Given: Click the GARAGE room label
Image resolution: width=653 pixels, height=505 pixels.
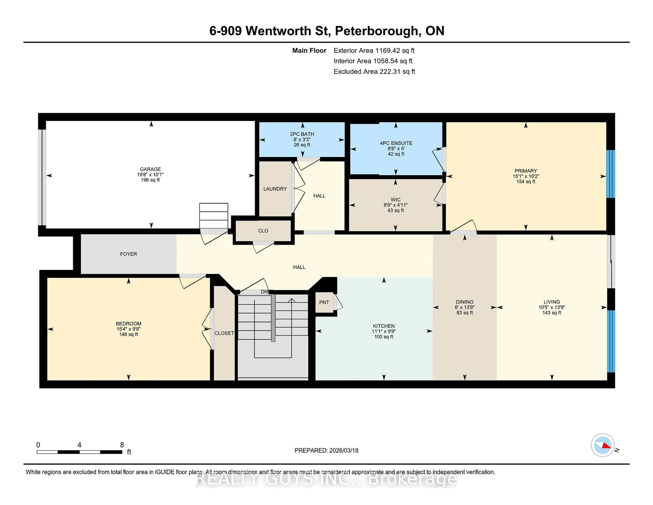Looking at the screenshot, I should coord(150,169).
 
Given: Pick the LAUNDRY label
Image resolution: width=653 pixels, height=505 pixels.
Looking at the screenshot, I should coord(275,189).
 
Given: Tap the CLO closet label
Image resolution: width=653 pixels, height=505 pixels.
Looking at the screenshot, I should coord(263,231).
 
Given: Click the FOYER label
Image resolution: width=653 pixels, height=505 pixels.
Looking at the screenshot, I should coord(129,254).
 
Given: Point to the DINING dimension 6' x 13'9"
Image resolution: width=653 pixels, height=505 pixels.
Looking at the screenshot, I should coord(464,307).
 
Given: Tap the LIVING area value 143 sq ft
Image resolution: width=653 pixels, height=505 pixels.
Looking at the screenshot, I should coord(552,313).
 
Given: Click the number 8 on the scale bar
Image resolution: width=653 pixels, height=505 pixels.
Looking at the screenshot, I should coord(122,445).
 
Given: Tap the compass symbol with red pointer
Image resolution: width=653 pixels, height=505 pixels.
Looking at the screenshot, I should coord(602,445).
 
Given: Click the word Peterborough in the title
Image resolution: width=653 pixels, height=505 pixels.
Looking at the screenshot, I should coord(376,31).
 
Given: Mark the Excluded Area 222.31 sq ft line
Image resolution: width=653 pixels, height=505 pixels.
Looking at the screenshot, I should coord(374,71).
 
